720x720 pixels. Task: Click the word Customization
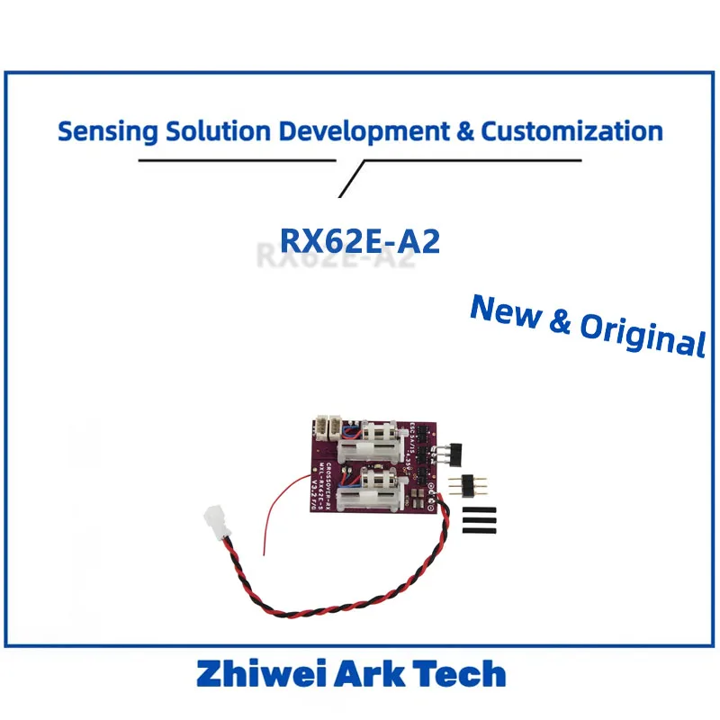pos(572,131)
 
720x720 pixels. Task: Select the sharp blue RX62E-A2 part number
pos(360,240)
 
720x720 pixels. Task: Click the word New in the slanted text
pos(508,311)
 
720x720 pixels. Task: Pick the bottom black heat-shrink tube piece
pos(480,531)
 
